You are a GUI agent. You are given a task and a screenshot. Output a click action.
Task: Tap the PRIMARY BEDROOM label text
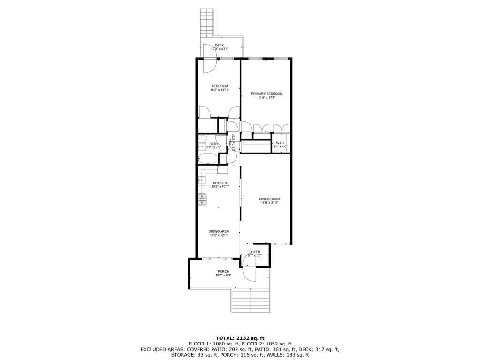[267, 94]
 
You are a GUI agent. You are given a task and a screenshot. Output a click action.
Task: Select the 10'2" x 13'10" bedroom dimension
[220, 90]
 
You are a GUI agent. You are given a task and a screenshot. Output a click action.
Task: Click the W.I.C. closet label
[281, 143]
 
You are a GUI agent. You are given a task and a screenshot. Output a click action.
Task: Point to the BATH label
[213, 144]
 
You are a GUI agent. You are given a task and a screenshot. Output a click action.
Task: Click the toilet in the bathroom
[202, 138]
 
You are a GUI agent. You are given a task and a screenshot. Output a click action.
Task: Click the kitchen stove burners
[202, 200]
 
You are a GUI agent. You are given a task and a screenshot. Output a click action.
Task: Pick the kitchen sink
[201, 180]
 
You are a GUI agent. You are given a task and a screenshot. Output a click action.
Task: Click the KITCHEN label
[220, 183]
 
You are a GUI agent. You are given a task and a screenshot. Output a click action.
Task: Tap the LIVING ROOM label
[269, 199]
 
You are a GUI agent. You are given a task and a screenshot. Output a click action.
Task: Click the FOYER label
[255, 252]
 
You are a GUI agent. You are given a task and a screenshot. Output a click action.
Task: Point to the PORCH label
[223, 272]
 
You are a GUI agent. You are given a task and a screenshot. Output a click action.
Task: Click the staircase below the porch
[251, 300]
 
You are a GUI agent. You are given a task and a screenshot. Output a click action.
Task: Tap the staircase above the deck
[206, 23]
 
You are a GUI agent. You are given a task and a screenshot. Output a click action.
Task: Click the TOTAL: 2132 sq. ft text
[240, 338]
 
